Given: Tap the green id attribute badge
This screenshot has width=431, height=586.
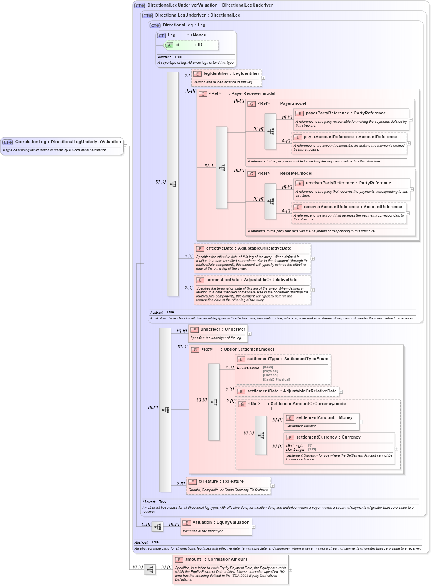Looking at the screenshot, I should point(169,45).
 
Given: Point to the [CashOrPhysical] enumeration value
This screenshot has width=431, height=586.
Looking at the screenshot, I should point(276,379).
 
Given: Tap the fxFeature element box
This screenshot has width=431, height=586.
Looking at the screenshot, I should point(229,485).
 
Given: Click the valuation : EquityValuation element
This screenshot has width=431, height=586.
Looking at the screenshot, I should point(216,526).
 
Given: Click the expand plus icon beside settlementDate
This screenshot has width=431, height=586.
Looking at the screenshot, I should point(341,392).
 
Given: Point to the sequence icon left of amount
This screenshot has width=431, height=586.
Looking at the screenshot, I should point(150,569).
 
